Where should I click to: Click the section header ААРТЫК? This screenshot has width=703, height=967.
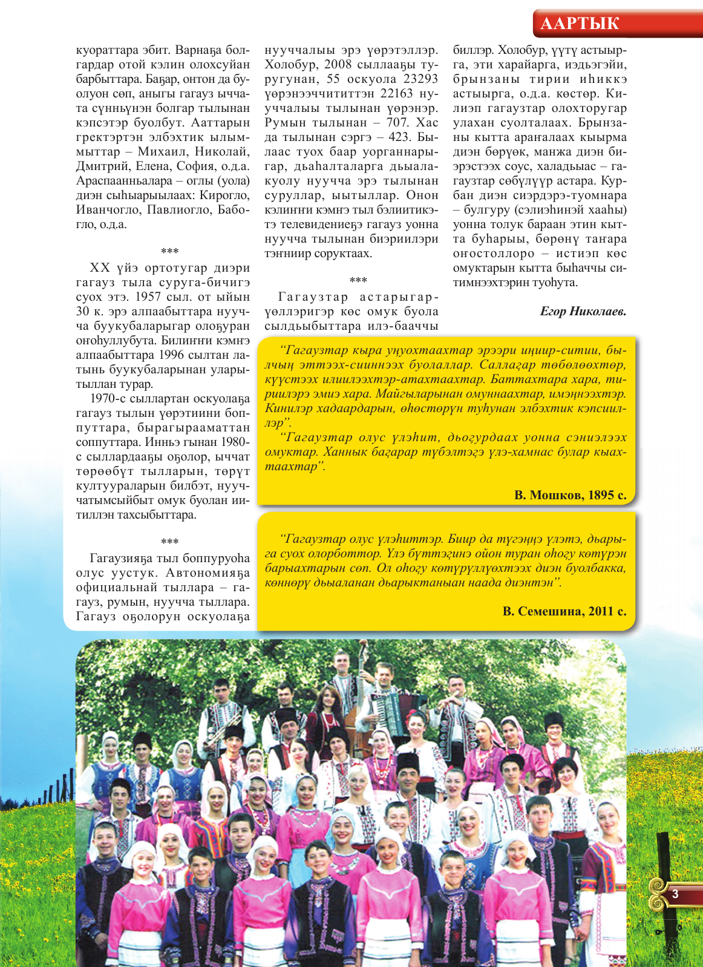click(x=579, y=24)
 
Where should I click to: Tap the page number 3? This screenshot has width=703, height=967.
click(x=675, y=894)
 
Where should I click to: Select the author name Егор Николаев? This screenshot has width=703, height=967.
click(x=583, y=312)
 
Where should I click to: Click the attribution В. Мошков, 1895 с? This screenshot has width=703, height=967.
click(x=570, y=495)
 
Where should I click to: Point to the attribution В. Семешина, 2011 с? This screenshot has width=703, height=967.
click(x=564, y=611)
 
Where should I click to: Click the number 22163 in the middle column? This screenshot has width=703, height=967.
click(x=385, y=94)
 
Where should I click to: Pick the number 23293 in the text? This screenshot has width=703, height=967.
click(x=420, y=79)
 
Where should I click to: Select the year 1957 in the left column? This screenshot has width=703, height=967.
click(x=148, y=297)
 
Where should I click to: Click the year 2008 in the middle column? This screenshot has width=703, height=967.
click(x=341, y=65)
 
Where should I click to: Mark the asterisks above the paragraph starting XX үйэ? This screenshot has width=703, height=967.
click(x=169, y=252)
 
